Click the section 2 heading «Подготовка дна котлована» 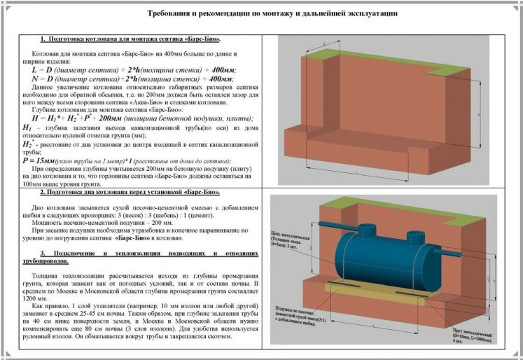121,192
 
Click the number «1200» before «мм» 31,296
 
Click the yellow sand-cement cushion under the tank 350,285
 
